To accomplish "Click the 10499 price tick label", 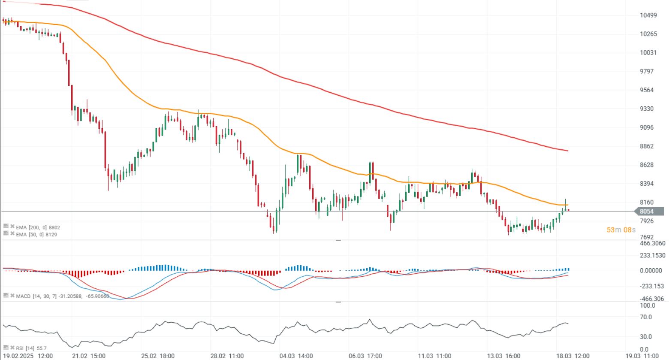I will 648,15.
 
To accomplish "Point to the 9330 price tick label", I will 647,109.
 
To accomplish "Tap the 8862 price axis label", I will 647,146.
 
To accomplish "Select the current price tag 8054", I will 646,211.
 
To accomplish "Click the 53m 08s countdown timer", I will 621,230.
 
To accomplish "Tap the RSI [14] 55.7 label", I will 31,348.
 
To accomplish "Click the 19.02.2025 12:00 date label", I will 28,356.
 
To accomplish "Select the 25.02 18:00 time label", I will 158,356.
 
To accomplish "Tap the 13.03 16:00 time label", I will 504,356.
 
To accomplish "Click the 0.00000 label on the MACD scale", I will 651,271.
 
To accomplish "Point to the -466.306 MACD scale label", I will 651,299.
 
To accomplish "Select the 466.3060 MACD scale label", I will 652,243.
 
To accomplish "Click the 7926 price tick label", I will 647,221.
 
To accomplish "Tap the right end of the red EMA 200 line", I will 568,151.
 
